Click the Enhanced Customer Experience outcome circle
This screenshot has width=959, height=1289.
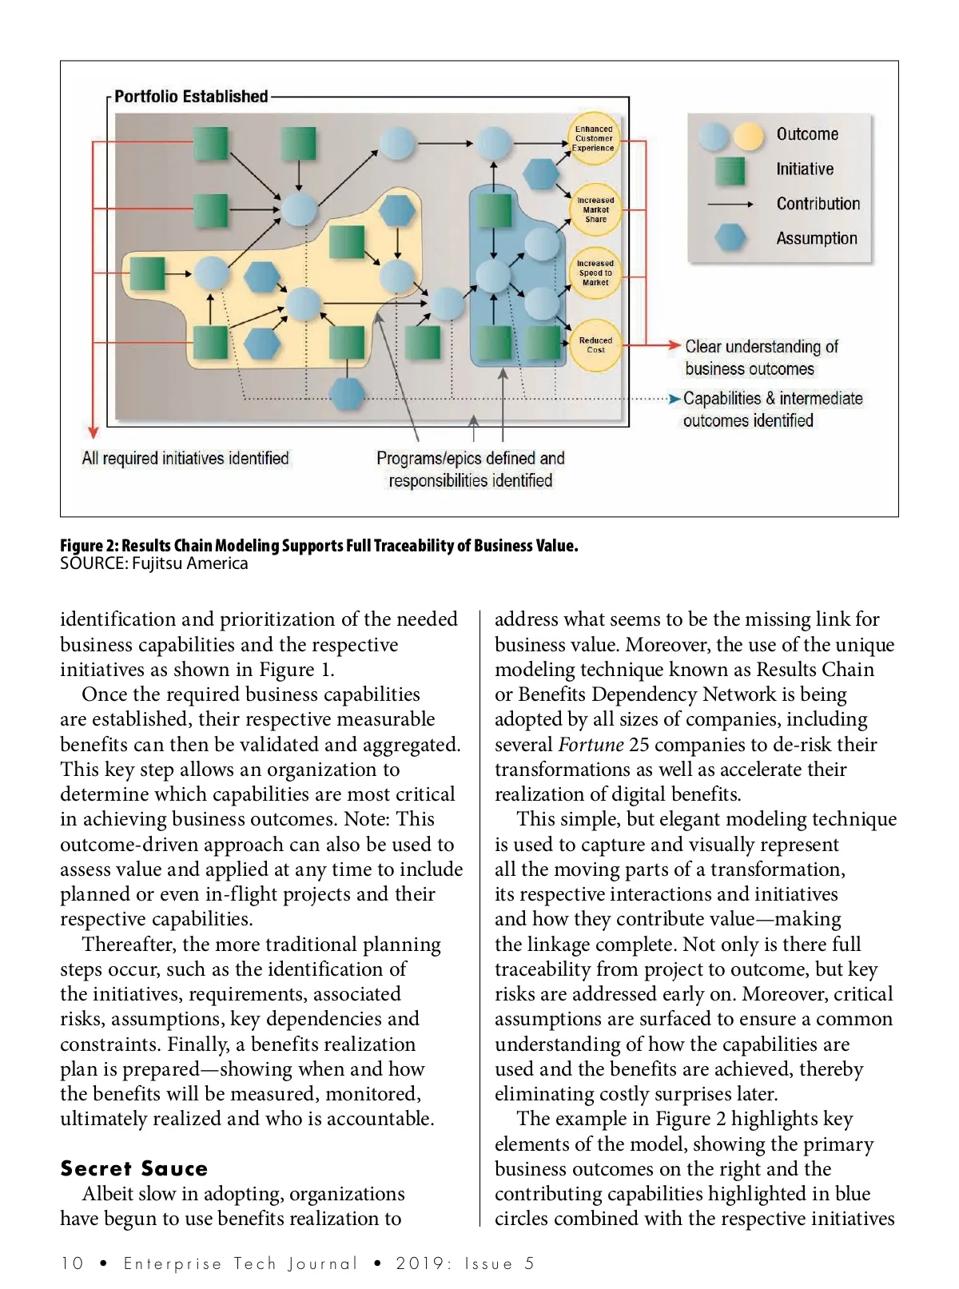pos(594,138)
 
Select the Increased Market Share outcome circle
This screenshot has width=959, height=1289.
pos(595,209)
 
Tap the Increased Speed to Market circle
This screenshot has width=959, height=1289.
pos(595,273)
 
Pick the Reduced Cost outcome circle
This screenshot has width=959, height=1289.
pos(595,345)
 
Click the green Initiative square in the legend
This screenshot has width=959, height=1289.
pos(730,170)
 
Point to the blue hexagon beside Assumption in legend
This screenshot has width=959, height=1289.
pos(730,237)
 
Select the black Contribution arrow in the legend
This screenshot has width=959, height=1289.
pos(730,205)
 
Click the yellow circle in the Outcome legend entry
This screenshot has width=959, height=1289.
pos(749,137)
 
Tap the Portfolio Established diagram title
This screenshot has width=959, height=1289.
pos(191,97)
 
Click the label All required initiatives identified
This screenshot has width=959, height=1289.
pos(185,459)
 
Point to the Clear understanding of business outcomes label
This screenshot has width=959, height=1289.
pos(761,357)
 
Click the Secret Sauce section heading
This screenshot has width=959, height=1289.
pos(133,1168)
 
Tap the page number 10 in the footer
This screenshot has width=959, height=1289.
pos(72,1263)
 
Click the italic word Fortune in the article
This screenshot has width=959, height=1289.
pos(591,745)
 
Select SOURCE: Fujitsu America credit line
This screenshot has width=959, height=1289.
pos(154,563)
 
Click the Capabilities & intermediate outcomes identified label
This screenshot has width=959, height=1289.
pos(772,409)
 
